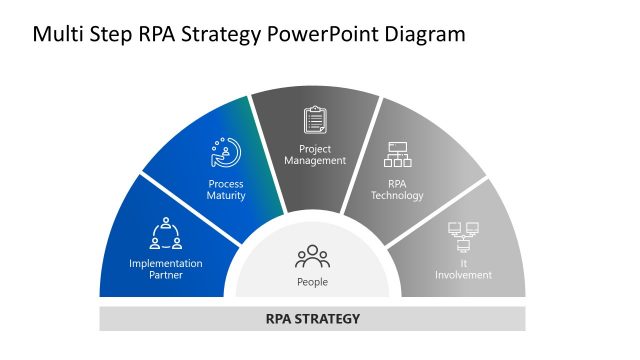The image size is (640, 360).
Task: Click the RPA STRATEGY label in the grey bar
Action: coord(312,319)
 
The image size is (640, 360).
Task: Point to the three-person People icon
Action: coord(312,257)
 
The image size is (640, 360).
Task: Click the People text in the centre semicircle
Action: coord(312,282)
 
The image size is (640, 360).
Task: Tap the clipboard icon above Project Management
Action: coord(316,121)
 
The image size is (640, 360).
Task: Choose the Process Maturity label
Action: coord(226,190)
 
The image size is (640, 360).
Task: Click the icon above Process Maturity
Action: coord(225,153)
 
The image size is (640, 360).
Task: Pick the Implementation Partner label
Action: coord(166,269)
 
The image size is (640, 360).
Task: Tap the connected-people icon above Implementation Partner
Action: coord(166,234)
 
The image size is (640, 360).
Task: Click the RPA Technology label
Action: coord(397,190)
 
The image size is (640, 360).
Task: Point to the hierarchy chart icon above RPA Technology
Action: coord(398,155)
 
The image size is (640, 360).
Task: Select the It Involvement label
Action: coord(463,269)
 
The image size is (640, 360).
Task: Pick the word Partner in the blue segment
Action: coord(166,275)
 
